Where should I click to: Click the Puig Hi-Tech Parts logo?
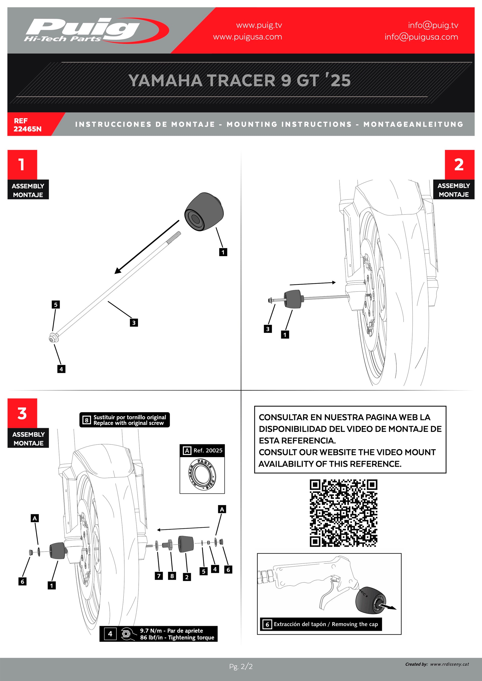[x=89, y=30]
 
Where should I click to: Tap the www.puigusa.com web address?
[x=247, y=37]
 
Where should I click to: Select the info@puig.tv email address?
[x=433, y=25]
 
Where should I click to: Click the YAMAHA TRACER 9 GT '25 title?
[x=240, y=80]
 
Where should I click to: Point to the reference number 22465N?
[x=27, y=129]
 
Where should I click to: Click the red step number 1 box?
[x=22, y=165]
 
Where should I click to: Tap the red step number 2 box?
[x=459, y=165]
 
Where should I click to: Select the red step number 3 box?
[x=22, y=413]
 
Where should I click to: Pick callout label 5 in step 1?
[x=56, y=304]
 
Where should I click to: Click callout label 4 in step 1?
[x=61, y=369]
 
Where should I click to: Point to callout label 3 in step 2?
[x=268, y=329]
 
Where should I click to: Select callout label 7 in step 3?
[x=159, y=576]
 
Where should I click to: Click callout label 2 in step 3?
[x=187, y=577]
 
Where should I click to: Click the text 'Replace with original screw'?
[x=129, y=423]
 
